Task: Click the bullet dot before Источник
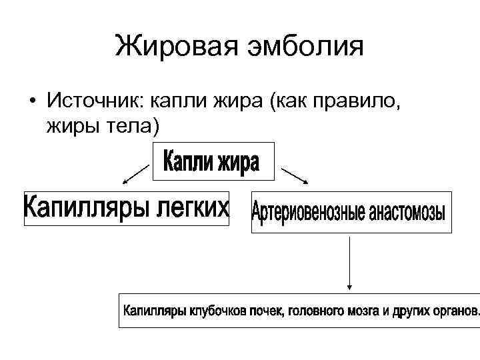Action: coord(31,101)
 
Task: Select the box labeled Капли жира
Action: coord(213,162)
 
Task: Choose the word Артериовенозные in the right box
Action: coord(309,213)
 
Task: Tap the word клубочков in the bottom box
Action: coord(220,311)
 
